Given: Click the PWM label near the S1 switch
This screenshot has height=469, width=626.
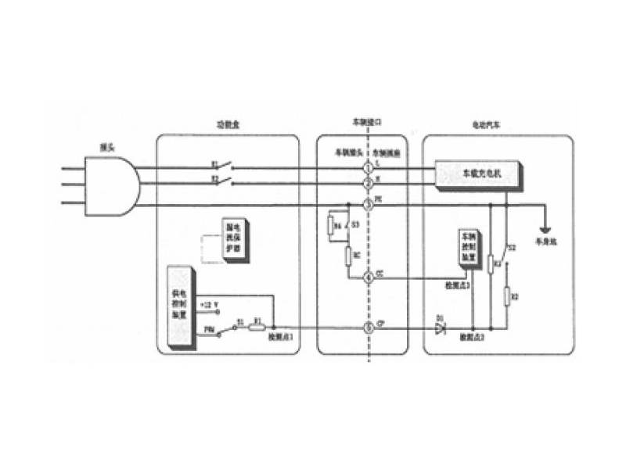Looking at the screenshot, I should (x=210, y=330).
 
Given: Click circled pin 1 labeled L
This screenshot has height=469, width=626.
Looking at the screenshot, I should (x=369, y=166).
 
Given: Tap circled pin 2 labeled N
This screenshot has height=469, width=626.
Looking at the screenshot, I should (x=369, y=184).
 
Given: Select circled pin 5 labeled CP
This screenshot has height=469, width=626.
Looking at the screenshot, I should (x=369, y=328).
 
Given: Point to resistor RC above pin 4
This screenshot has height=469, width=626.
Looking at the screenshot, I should (x=348, y=256).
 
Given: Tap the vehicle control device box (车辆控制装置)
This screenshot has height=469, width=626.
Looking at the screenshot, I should (x=468, y=249).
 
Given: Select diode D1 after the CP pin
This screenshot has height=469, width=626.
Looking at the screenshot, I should (x=440, y=328).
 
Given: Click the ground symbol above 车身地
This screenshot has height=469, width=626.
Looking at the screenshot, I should (x=545, y=231).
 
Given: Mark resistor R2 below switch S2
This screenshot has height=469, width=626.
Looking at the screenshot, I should (x=506, y=296).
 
